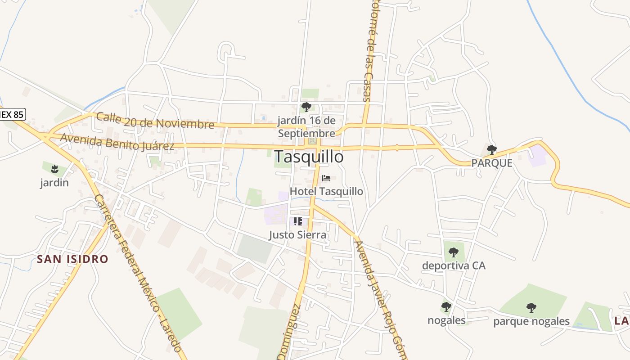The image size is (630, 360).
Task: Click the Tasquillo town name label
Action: click(309, 157)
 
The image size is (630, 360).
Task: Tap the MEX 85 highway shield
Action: click(12, 114)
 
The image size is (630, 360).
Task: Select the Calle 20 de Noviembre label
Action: click(155, 120)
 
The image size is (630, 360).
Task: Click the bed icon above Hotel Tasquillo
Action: click(326, 178)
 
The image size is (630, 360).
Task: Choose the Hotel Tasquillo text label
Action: click(326, 191)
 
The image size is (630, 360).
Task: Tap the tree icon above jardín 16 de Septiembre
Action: click(306, 107)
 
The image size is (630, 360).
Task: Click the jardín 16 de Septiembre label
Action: click(306, 127)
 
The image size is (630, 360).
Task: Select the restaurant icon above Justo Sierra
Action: click(297, 221)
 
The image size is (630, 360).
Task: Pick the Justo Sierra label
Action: click(297, 235)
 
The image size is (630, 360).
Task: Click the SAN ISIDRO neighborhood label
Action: click(72, 259)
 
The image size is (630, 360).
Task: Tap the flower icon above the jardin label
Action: click(54, 169)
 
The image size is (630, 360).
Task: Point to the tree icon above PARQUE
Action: click(492, 150)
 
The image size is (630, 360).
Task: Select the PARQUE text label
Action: click(492, 163)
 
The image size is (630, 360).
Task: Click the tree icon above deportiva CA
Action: click(454, 252)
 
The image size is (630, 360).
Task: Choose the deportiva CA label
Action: click(454, 265)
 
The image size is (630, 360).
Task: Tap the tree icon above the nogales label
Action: click(446, 307)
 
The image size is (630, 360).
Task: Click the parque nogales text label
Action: click(531, 321)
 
